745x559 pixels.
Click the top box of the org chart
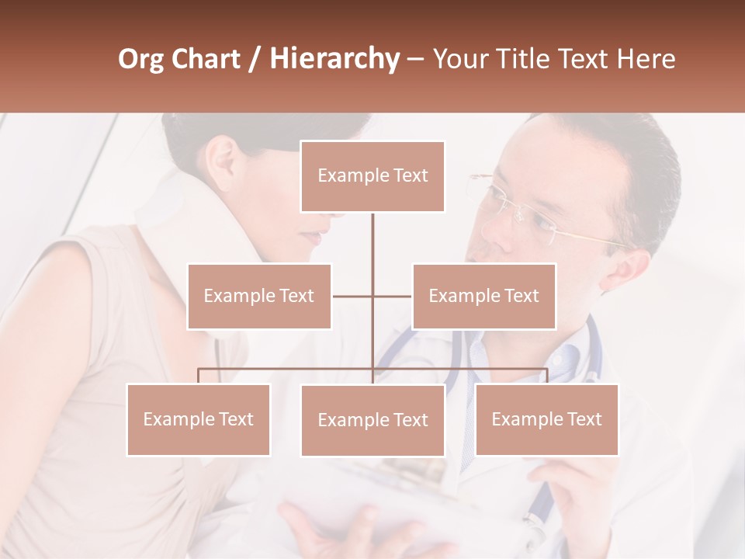372,176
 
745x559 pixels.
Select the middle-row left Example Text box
259,296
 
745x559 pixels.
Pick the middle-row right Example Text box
483,296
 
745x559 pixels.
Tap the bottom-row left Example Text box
199,419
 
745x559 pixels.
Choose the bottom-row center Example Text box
372,420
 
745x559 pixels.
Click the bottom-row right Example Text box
546,419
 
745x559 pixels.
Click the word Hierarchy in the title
334,58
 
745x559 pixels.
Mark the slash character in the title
254,59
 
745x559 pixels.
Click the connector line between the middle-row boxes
372,296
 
